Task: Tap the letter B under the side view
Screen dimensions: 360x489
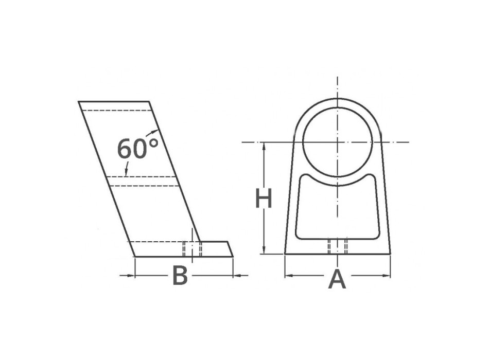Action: pyautogui.click(x=180, y=276)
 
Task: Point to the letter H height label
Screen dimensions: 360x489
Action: pyautogui.click(x=264, y=199)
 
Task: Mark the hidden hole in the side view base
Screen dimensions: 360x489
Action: pyautogui.click(x=192, y=249)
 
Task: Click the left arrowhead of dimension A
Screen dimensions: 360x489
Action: pyautogui.click(x=289, y=276)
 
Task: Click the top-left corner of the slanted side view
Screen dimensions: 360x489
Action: pyautogui.click(x=79, y=102)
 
